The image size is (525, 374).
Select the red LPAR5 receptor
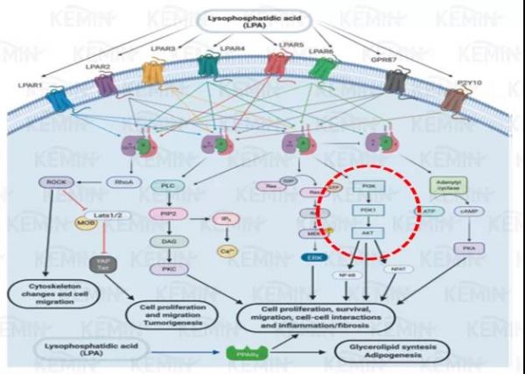coord(276,64)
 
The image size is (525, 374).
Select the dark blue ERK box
coord(311,258)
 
